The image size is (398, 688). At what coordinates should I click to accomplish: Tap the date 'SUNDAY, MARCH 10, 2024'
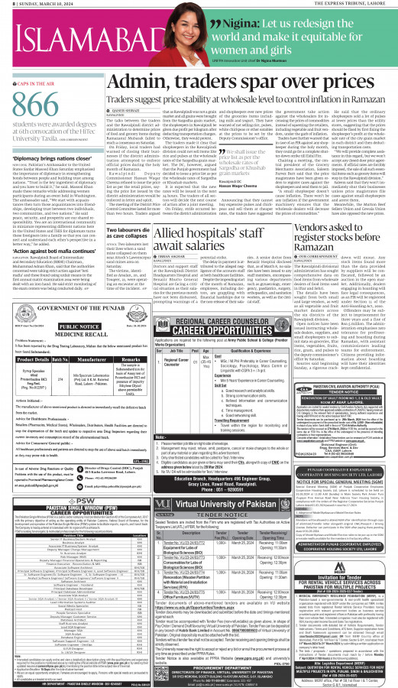click(x=38, y=4)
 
